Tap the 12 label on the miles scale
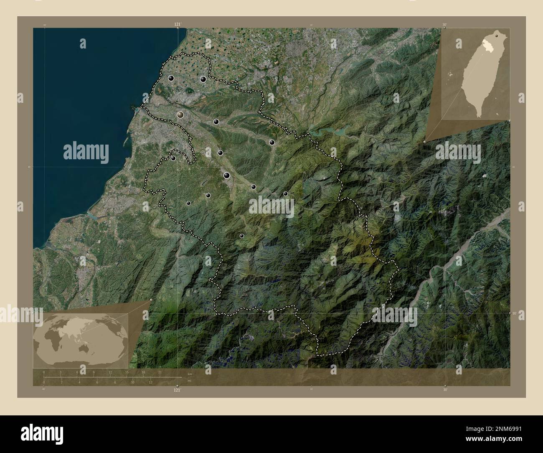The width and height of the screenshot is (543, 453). [x=151, y=382]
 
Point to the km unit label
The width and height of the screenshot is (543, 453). [x=190, y=374]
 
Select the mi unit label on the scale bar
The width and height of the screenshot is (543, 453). [x=190, y=380]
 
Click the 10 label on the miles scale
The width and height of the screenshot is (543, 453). [x=133, y=382]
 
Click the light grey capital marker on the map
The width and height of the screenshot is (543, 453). [x=180, y=115]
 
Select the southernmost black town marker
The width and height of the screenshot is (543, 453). [x=241, y=236]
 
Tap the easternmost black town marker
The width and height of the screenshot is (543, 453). [x=286, y=193]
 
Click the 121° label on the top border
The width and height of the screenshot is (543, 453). [x=178, y=25]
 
